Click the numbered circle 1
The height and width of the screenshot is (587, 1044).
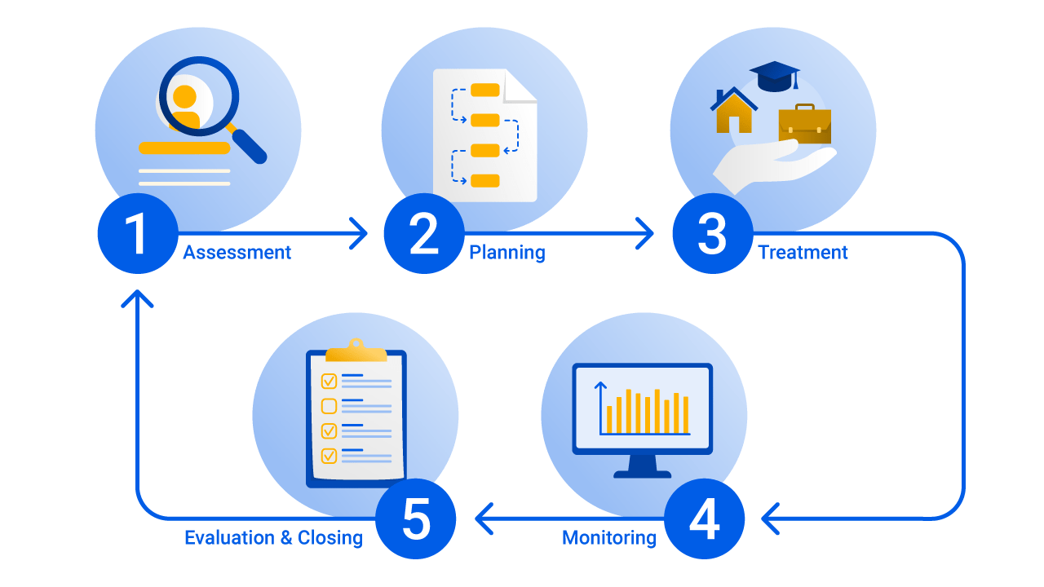click(x=137, y=234)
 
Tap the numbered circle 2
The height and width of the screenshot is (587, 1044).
click(x=423, y=234)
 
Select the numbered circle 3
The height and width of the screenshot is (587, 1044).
click(x=712, y=234)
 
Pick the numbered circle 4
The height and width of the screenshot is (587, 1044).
click(x=704, y=519)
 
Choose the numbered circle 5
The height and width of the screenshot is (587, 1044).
click(x=416, y=519)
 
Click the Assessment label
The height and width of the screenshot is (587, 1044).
click(x=237, y=253)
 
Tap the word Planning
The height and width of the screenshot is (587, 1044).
click(x=507, y=253)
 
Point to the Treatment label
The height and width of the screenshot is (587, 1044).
click(x=803, y=253)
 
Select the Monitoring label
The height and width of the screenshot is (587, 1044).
click(x=608, y=538)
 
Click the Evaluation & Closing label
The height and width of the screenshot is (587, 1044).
click(x=273, y=538)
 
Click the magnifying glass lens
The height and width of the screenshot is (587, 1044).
click(x=198, y=95)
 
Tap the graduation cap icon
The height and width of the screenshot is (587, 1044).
click(x=774, y=76)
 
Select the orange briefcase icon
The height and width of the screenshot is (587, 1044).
click(x=804, y=124)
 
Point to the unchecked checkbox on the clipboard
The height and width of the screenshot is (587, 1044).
click(x=329, y=406)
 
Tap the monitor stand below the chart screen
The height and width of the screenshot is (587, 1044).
click(x=643, y=466)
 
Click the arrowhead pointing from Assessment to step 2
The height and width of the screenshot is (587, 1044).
click(x=359, y=234)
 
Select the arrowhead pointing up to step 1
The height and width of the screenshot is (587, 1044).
click(x=137, y=298)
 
